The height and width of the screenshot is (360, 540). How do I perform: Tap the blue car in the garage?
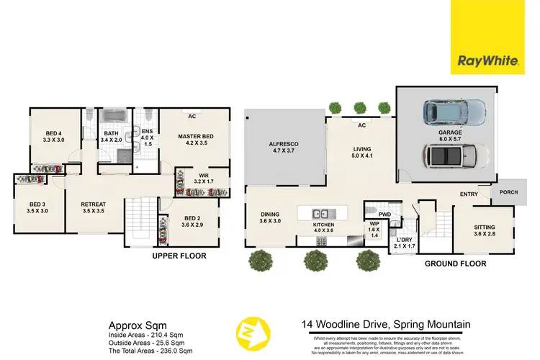pos(454,113)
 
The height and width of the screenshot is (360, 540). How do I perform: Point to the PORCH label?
pos(505,192)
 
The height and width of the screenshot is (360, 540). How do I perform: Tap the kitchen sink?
pos(321,213)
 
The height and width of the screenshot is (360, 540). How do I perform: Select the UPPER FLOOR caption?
pos(179,256)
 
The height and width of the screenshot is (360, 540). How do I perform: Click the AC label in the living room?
pos(357,125)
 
